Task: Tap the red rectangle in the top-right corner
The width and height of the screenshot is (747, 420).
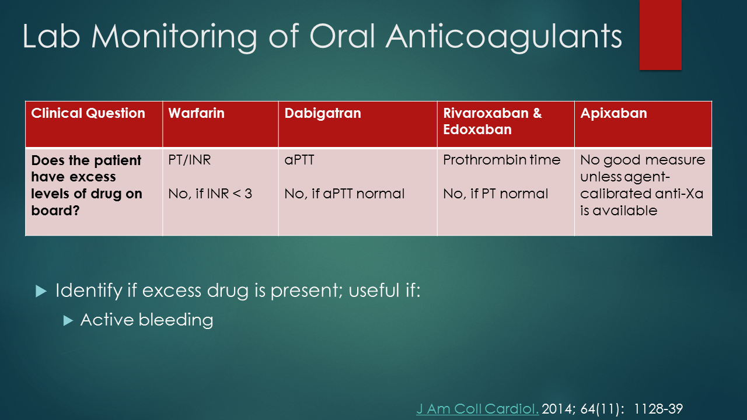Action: pos(660,35)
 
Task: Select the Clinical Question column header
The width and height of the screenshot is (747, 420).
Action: pos(88,113)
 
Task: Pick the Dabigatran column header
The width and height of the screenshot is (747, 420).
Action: pos(322,113)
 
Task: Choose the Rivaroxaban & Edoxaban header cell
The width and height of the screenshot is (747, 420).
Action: pos(492,121)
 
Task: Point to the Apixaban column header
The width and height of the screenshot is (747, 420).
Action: pos(613,113)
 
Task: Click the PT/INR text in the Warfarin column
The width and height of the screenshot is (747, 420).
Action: pos(189,160)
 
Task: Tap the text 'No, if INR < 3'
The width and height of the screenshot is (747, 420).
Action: pos(210,194)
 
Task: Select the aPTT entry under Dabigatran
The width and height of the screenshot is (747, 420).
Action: pos(299,160)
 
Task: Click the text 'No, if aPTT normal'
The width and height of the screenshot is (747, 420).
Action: pos(344,194)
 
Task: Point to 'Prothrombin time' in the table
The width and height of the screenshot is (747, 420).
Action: pos(501,160)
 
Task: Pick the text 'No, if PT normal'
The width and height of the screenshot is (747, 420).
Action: pos(495,194)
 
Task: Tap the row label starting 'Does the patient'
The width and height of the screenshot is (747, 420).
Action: pos(86,185)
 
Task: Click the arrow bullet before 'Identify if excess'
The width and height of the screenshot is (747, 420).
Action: pos(40,291)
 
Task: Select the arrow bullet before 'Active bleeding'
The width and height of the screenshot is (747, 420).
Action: pos(68,320)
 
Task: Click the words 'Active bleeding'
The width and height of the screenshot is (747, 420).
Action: pos(146,320)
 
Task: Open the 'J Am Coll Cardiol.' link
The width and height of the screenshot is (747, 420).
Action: pos(477,409)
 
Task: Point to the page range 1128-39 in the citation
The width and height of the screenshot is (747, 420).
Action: pos(658,409)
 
